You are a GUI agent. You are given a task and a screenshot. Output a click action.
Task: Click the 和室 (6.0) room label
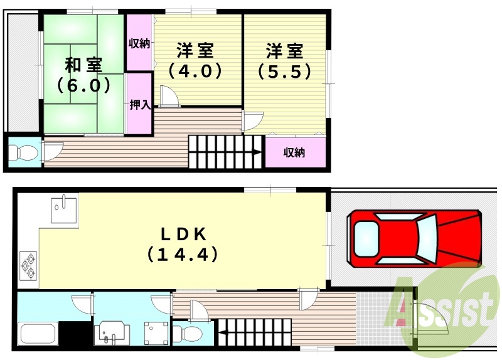(x=83, y=75)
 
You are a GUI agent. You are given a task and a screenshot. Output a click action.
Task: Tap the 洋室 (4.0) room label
(x=195, y=61)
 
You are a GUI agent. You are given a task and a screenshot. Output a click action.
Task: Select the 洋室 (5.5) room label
(x=284, y=61)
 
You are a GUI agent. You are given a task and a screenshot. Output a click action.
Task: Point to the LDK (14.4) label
(x=183, y=245)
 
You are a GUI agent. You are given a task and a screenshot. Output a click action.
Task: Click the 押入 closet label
(x=140, y=105)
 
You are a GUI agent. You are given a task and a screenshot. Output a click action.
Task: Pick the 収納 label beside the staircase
(x=294, y=152)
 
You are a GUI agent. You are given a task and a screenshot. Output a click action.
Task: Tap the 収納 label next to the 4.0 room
(x=139, y=43)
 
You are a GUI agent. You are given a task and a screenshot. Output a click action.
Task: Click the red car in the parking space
(x=415, y=238)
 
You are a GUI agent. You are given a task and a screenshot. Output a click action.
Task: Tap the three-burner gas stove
(x=28, y=265)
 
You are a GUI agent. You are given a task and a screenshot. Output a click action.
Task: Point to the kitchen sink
(x=64, y=209)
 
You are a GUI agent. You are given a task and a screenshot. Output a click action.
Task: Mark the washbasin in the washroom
(x=112, y=333)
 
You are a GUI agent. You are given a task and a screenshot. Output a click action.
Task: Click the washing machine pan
(x=156, y=333)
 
